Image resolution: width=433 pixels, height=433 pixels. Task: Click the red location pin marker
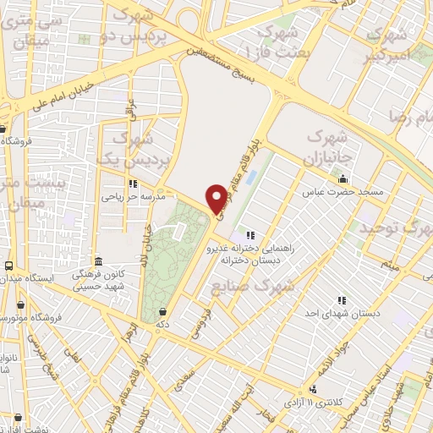(218, 198)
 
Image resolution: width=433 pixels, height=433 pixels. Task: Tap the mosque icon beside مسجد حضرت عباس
(343, 179)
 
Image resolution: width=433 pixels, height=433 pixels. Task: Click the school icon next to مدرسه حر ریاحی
(133, 184)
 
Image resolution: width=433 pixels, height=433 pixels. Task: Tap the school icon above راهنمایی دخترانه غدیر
(249, 235)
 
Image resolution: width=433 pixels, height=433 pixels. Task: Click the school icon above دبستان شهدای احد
(343, 300)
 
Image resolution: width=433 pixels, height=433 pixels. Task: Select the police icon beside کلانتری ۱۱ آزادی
(314, 391)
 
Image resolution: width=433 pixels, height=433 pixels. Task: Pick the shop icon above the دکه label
(162, 311)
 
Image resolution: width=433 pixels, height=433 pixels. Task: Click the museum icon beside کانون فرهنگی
(99, 261)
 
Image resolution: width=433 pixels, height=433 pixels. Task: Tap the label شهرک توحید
(391, 228)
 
